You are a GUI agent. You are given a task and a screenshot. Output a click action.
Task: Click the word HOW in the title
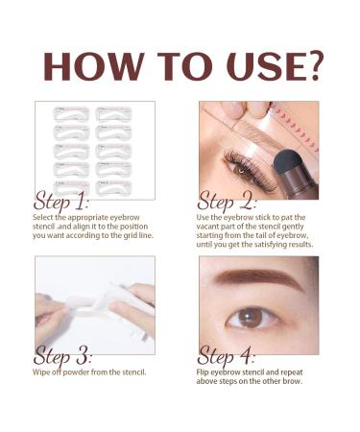click(93, 66)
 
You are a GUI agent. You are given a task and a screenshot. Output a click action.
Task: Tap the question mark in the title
click(313, 65)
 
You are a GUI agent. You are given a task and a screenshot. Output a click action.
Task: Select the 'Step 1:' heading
click(60, 201)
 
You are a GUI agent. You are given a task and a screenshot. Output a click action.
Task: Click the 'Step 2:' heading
click(227, 201)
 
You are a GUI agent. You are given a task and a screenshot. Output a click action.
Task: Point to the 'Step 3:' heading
click(62, 355)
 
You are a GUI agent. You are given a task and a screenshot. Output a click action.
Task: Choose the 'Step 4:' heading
click(226, 355)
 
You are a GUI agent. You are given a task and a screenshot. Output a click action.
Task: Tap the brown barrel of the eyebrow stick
click(300, 184)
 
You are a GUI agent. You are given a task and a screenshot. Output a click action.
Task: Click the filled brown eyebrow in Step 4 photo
click(258, 277)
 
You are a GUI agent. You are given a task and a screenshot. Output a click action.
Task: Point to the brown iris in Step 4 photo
click(251, 317)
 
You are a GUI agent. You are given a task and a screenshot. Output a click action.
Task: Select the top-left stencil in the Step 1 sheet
click(72, 114)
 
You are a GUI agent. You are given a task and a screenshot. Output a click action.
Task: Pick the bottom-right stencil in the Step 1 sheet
click(113, 188)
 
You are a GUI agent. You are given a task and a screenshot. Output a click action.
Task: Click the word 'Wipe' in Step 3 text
click(40, 372)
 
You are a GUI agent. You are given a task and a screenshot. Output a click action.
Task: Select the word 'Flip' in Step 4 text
click(203, 372)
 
